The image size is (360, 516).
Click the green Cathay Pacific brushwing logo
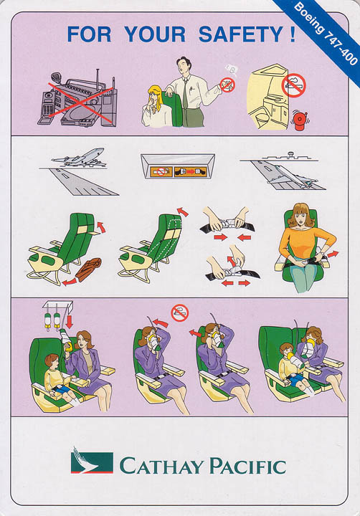point(91,460)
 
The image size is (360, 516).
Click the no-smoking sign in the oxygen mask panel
point(179,312)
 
